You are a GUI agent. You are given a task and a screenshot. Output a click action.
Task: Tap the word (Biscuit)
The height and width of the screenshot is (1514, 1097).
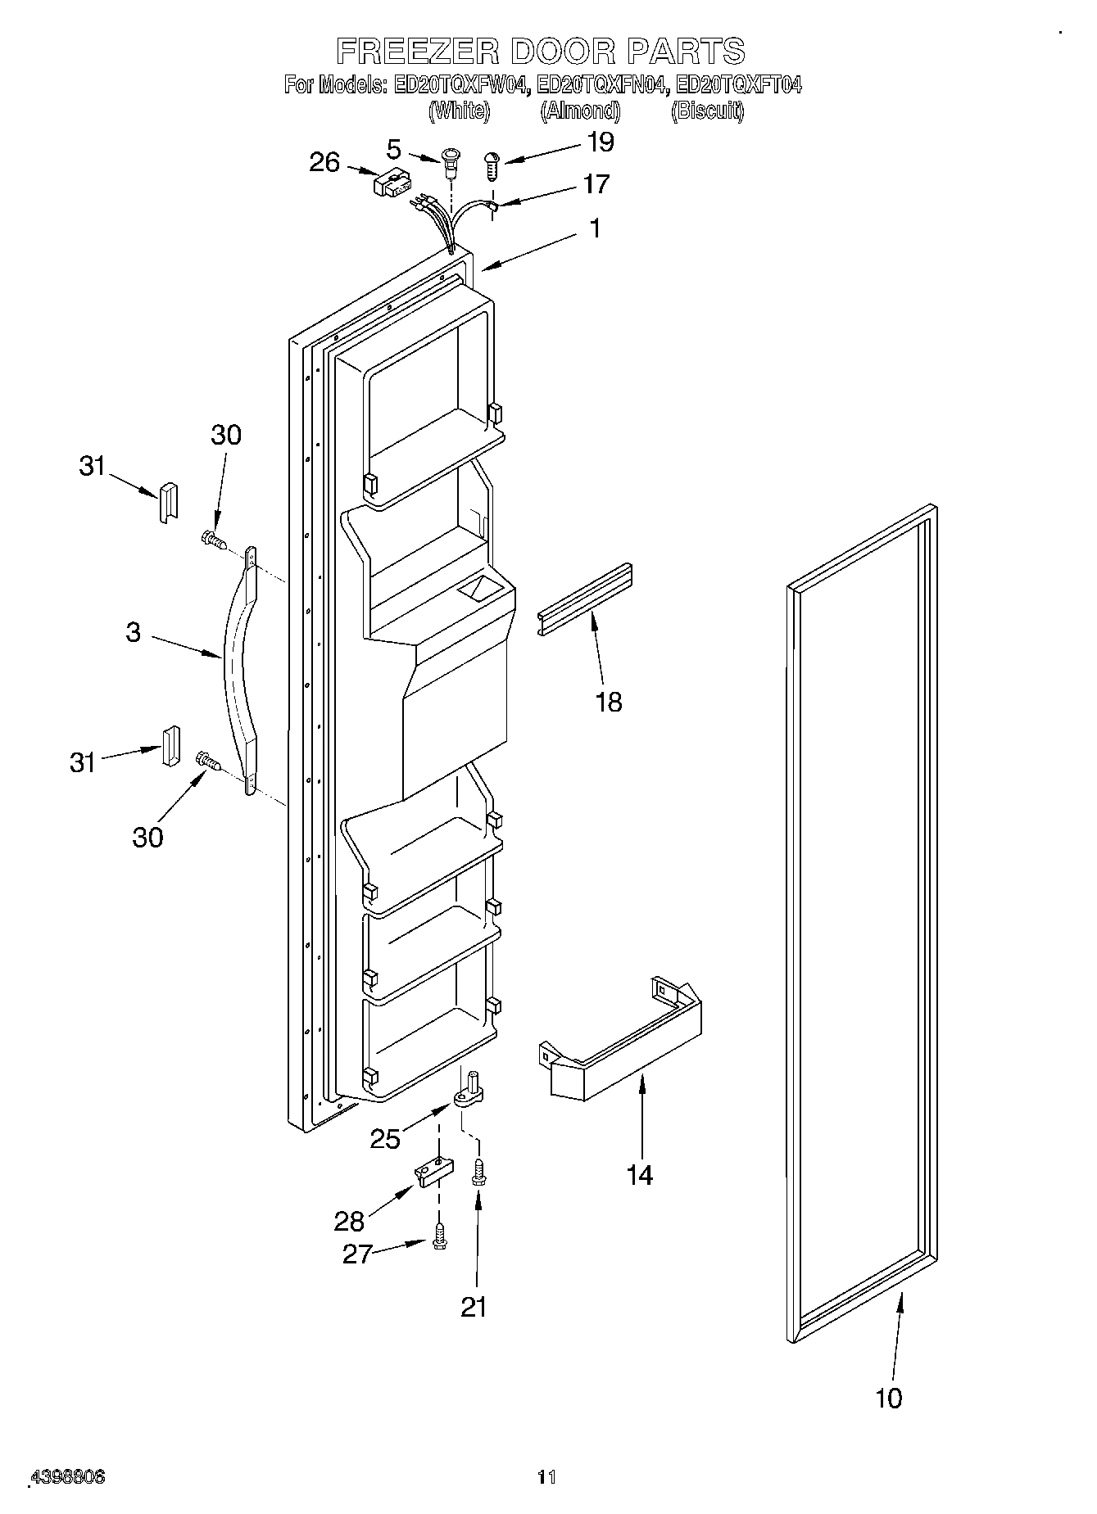(x=707, y=111)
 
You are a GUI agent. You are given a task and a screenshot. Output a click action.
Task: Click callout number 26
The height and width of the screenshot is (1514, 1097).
(x=324, y=162)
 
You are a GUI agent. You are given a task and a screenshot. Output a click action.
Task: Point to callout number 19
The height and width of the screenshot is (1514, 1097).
(x=601, y=142)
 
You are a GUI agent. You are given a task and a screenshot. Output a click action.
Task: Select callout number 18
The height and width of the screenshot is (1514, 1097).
(x=609, y=701)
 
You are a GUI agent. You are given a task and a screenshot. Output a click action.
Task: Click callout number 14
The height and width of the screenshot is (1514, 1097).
(x=639, y=1175)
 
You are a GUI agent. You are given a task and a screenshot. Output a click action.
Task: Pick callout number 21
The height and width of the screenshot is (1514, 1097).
(x=474, y=1306)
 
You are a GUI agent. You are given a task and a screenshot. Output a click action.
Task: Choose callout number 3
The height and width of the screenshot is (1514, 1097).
(x=134, y=632)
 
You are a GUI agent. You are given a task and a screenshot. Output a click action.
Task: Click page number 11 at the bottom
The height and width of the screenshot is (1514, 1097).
(x=546, y=1476)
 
